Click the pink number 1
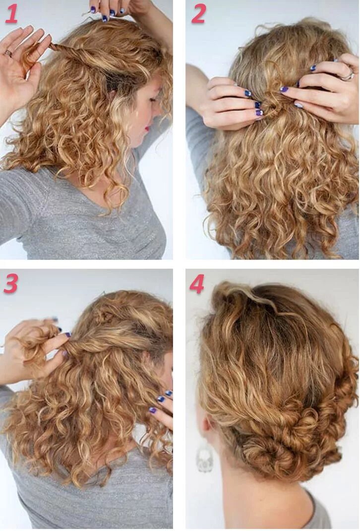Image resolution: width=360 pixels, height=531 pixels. click(x=11, y=14)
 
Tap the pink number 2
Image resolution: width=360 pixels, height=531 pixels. click(x=199, y=14)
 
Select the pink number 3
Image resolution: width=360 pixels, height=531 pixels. click(x=11, y=284)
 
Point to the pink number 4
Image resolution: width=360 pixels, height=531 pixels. click(x=197, y=284)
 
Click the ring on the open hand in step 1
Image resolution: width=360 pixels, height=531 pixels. click(x=8, y=53)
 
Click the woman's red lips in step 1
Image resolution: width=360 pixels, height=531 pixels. click(x=148, y=129)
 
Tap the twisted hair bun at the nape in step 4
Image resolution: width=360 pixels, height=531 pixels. click(x=267, y=452)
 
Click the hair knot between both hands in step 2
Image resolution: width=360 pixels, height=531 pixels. click(x=271, y=102)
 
